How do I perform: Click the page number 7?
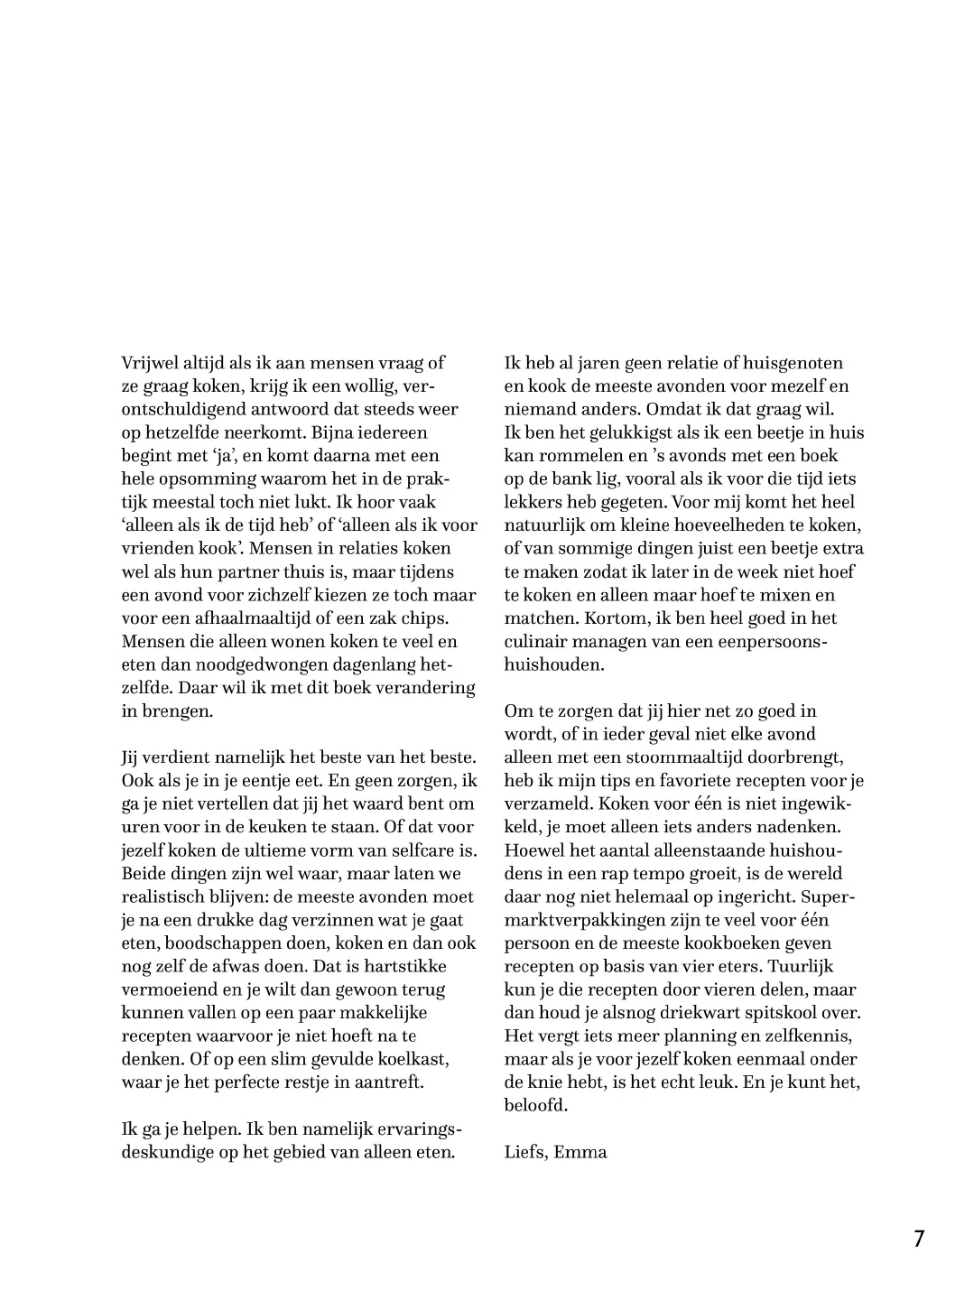919,1239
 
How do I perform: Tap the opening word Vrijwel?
151,363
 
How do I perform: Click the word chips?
425,618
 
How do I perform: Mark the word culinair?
536,642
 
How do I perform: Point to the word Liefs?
525,1152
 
